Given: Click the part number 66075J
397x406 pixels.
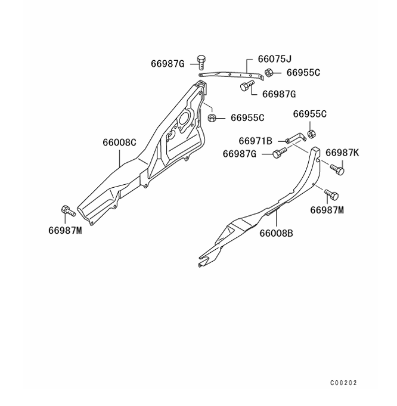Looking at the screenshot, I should coord(275,60).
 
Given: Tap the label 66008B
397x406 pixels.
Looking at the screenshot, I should coord(276,233).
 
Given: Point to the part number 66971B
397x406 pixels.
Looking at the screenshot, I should coord(255,141).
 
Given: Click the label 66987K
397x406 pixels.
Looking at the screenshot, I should coord(342,153).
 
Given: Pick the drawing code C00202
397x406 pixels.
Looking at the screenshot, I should coord(343,383).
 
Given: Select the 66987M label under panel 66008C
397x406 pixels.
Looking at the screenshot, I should coord(65,230).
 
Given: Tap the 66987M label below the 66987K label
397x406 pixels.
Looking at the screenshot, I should coord(327,210).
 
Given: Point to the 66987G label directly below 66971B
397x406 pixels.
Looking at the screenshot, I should coord(240,154).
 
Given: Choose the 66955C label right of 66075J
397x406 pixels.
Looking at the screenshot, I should coord(303,73).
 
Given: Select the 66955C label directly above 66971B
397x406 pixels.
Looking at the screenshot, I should coord(310,114).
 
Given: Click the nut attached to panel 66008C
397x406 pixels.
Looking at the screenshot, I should coord(212,117).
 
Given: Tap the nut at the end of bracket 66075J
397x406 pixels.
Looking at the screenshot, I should coord(269,73).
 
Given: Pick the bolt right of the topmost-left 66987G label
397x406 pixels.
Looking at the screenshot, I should coord(201,60).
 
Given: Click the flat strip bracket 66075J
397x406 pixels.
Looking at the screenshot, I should coord(232,75).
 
